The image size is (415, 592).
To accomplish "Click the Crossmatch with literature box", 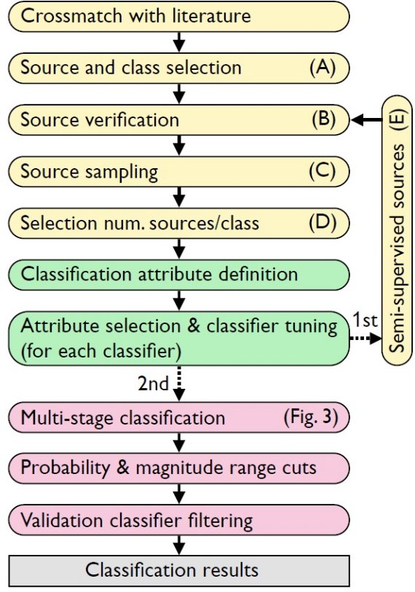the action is point(179,16).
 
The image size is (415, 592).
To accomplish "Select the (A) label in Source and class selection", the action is point(322,68).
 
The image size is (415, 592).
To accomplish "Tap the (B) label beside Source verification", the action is point(323,119).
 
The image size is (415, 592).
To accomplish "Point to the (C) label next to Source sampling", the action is point(322,171).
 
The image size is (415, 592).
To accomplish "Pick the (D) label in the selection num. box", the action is point(323,222).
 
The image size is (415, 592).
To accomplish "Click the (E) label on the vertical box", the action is point(398,120).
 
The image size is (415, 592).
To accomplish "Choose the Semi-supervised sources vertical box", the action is point(398,230).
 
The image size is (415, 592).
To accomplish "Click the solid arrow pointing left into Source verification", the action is point(367,120).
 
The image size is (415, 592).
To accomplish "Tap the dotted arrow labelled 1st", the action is point(366,339).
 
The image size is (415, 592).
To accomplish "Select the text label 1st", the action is point(365,320).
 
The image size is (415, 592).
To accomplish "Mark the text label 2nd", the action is point(153,384).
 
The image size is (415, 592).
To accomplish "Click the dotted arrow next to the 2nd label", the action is point(179,383).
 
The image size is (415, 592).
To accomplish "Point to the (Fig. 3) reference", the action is point(310,417).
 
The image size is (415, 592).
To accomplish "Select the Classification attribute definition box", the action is point(179,275).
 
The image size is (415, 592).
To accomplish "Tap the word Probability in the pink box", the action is point(65,468).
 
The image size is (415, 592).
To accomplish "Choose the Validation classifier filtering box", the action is point(179,520).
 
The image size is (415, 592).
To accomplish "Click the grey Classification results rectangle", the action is point(179,570).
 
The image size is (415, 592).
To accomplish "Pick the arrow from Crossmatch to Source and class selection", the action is point(179,42).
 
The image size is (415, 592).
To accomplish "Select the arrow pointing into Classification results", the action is point(179,545).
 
